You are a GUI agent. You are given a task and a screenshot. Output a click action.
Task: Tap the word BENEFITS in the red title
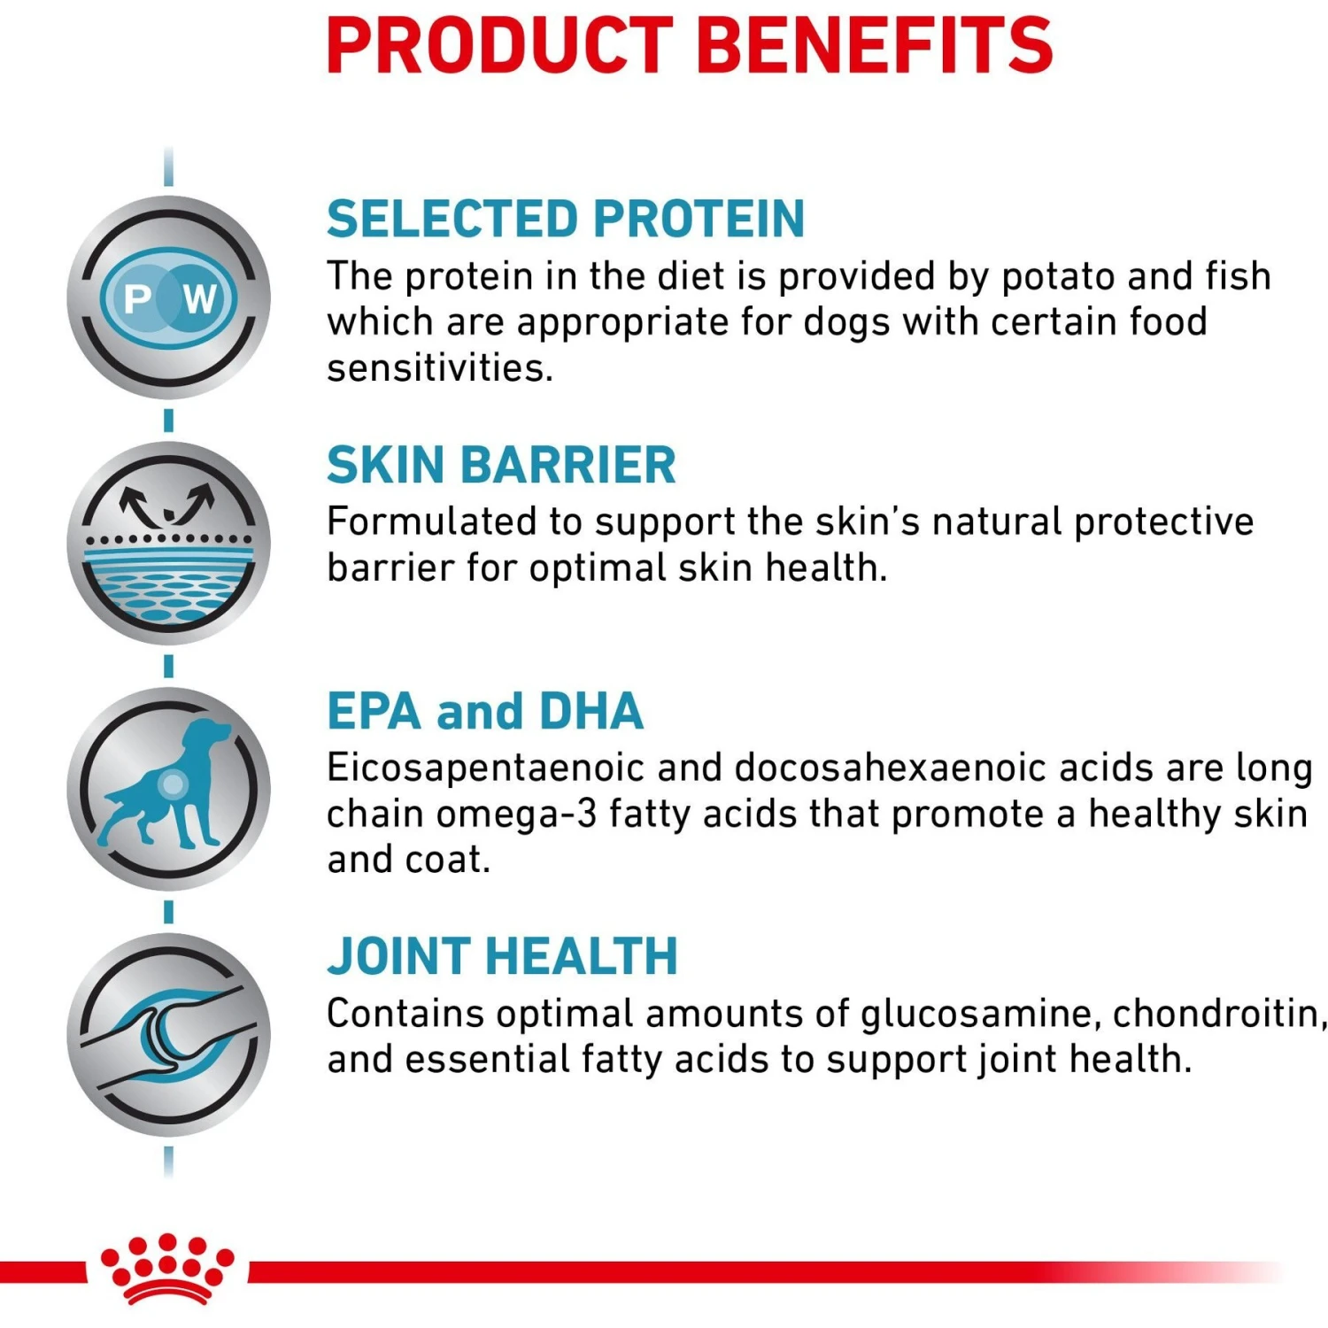click(875, 46)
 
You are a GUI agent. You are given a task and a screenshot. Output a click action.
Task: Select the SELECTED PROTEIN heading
click(565, 220)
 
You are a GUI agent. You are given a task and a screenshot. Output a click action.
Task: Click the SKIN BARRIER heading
click(500, 466)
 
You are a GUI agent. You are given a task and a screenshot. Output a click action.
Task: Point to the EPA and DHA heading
click(484, 711)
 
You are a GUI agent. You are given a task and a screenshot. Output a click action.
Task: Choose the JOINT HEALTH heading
click(502, 957)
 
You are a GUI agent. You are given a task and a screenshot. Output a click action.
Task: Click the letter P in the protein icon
click(138, 299)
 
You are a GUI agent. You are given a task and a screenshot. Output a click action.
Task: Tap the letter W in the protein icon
click(200, 299)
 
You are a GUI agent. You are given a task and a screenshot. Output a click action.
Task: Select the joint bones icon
click(168, 1034)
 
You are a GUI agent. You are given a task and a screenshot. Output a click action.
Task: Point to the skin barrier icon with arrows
click(168, 542)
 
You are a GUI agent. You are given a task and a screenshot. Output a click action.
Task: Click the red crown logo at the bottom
click(167, 1269)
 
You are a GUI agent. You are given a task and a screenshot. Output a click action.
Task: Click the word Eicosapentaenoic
click(485, 768)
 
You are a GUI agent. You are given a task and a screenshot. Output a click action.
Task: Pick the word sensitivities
click(439, 368)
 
